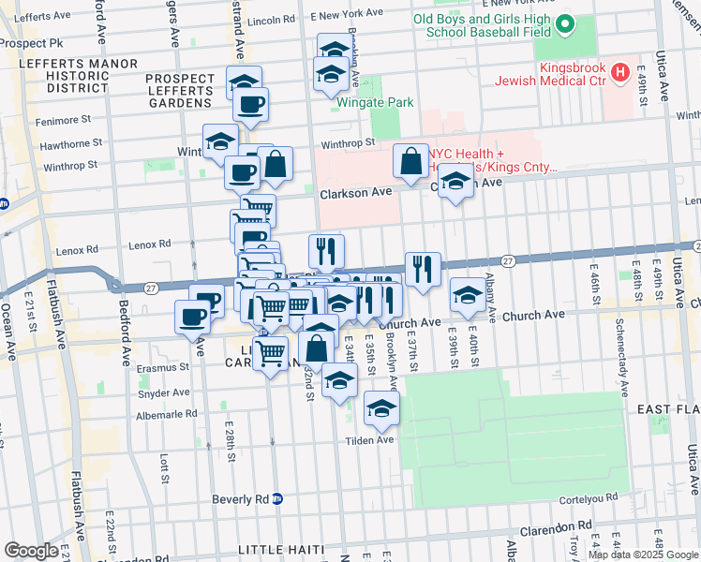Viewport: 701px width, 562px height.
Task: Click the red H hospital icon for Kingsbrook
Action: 619,72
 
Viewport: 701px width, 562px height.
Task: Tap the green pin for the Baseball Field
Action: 565,25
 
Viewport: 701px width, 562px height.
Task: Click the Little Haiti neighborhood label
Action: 281,549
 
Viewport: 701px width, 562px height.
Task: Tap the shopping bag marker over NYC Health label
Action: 411,161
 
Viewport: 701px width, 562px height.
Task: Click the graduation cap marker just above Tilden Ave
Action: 381,408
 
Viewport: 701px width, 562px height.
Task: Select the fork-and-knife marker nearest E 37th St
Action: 423,270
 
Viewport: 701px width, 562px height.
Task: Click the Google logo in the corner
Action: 32,551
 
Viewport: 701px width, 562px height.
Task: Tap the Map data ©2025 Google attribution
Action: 642,555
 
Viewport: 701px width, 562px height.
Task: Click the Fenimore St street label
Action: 62,120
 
